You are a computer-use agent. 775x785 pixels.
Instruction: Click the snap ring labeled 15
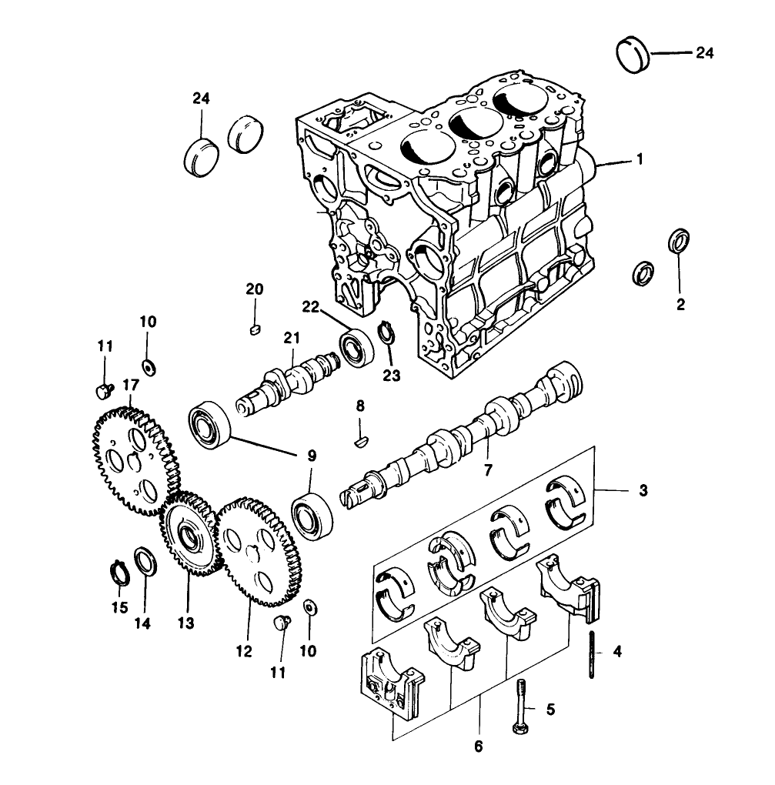(x=118, y=574)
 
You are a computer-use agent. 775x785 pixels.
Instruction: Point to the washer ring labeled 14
(x=144, y=561)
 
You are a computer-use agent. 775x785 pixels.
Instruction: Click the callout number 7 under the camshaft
(x=488, y=468)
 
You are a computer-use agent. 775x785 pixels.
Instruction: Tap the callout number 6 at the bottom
(x=478, y=747)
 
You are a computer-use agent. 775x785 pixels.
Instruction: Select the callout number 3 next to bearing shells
(x=643, y=489)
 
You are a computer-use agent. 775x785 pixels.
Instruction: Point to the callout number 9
(x=311, y=456)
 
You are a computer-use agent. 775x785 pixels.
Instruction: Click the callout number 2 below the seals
(x=680, y=304)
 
